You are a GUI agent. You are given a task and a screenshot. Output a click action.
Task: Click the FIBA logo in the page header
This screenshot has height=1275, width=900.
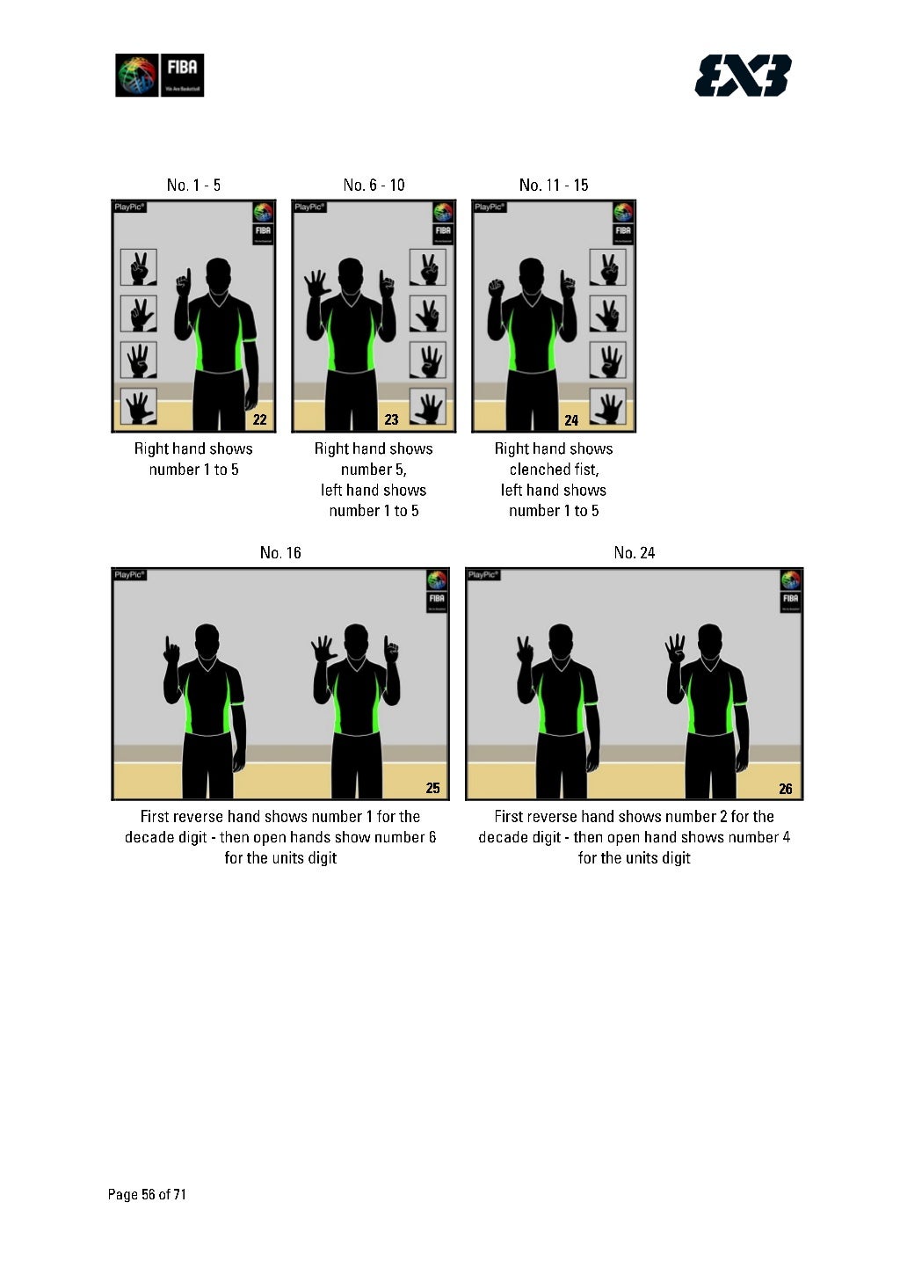[160, 76]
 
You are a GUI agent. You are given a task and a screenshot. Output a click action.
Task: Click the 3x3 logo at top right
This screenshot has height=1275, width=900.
[743, 76]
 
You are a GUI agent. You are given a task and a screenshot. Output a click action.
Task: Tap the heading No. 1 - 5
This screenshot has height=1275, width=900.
[193, 185]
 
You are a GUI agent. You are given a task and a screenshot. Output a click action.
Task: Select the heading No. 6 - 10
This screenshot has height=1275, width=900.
[374, 185]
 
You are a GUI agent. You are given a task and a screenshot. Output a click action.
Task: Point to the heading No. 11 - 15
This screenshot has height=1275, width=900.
[554, 185]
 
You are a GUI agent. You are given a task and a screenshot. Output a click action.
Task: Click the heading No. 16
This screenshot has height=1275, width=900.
[280, 552]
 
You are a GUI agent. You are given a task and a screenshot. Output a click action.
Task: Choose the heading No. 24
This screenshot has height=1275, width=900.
[635, 552]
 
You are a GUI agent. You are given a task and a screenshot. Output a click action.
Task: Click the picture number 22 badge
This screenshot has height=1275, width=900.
[259, 419]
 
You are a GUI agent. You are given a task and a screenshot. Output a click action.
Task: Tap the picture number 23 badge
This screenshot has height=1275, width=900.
[392, 419]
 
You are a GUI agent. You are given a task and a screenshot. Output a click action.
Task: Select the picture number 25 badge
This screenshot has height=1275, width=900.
[432, 788]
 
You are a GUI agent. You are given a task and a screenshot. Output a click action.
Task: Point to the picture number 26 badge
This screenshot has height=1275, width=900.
[786, 788]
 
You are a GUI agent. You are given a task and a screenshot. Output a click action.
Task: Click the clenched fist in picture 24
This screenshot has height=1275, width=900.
[495, 287]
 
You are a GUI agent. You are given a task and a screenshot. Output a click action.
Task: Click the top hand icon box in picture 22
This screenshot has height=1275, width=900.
[139, 267]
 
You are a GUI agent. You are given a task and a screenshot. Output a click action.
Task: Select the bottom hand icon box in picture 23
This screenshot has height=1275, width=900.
[428, 406]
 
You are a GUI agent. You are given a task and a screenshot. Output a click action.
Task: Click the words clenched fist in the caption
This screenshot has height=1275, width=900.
[554, 470]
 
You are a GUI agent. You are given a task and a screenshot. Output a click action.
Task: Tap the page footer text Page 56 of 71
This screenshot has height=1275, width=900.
[147, 1194]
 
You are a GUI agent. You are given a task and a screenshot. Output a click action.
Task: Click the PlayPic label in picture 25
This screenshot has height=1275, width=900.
[129, 575]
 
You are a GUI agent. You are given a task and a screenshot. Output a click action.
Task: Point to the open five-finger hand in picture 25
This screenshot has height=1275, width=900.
[323, 649]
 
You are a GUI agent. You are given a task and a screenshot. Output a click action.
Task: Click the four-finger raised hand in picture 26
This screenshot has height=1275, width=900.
[675, 649]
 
